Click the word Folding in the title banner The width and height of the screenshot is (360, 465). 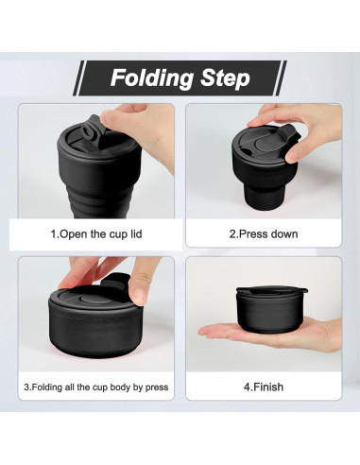pos(152,78)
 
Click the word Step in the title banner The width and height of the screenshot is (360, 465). pos(225,77)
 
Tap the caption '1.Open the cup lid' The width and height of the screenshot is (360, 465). pos(96,234)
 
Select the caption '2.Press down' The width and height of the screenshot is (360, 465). pos(264,234)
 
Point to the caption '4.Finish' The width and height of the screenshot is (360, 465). pos(264,387)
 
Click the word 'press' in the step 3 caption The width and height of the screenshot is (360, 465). pos(157,387)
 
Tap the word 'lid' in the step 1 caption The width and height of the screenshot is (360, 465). pos(136,234)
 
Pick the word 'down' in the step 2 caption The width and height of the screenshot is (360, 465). pos(284,234)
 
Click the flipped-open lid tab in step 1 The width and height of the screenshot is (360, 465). pos(94,130)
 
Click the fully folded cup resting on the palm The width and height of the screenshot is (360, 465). pos(271,309)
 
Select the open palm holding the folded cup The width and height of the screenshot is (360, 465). pos(274,334)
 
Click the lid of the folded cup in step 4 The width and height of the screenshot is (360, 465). pos(271,290)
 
